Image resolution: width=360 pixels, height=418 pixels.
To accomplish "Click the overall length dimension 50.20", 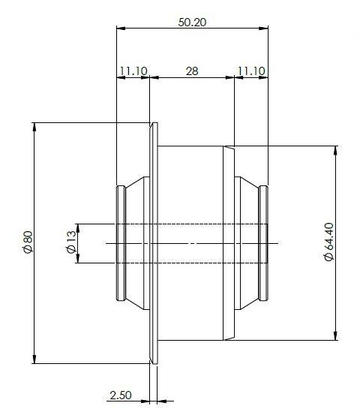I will point(192,22).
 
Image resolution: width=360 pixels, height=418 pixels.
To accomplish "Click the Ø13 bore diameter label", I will point(70,242).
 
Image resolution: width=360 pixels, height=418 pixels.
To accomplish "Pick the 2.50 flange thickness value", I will point(121,395).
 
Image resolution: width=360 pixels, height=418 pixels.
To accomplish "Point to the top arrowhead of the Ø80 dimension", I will point(35,126).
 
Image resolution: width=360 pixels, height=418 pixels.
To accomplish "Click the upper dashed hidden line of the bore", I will point(191,224).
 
